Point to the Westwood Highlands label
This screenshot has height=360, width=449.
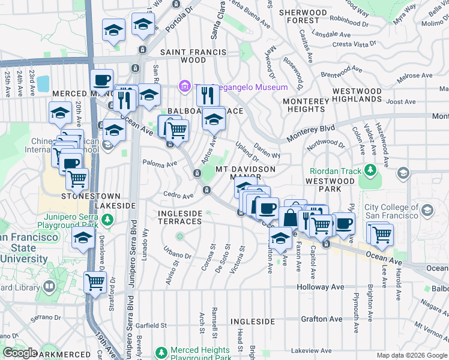tap(357, 96)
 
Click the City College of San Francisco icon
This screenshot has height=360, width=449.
tap(427, 211)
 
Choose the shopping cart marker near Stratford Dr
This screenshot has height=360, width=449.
tap(95, 281)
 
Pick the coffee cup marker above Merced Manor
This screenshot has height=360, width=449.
tap(101, 80)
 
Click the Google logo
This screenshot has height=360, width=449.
tap(20, 353)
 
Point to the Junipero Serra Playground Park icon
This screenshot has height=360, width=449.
tap(107, 220)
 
